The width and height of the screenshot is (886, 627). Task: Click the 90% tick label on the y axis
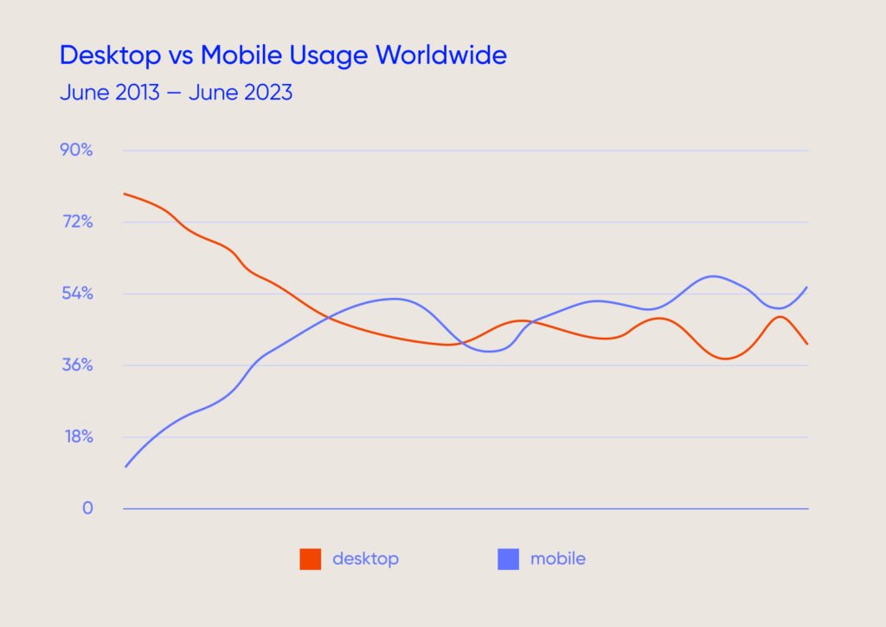(x=76, y=150)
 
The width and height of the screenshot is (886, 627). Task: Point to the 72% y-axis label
(x=76, y=222)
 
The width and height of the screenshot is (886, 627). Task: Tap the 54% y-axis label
(x=76, y=294)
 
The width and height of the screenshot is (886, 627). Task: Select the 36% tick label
(x=76, y=365)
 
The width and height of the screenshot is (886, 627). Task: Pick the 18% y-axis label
(x=76, y=436)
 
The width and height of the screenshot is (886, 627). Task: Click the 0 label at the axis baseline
(x=87, y=508)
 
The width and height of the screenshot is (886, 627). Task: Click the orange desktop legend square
(x=311, y=559)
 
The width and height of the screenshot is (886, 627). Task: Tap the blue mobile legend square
(x=508, y=559)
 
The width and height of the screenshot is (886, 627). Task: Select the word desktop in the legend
(x=365, y=559)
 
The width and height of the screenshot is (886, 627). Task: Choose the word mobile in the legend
(x=557, y=559)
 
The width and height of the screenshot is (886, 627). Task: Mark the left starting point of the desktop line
(x=125, y=193)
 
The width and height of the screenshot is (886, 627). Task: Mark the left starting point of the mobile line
(x=125, y=468)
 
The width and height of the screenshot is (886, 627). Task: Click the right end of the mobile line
(x=807, y=287)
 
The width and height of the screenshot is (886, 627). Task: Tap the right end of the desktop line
(x=807, y=345)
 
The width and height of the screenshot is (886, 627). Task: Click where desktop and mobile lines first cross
(x=329, y=318)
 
